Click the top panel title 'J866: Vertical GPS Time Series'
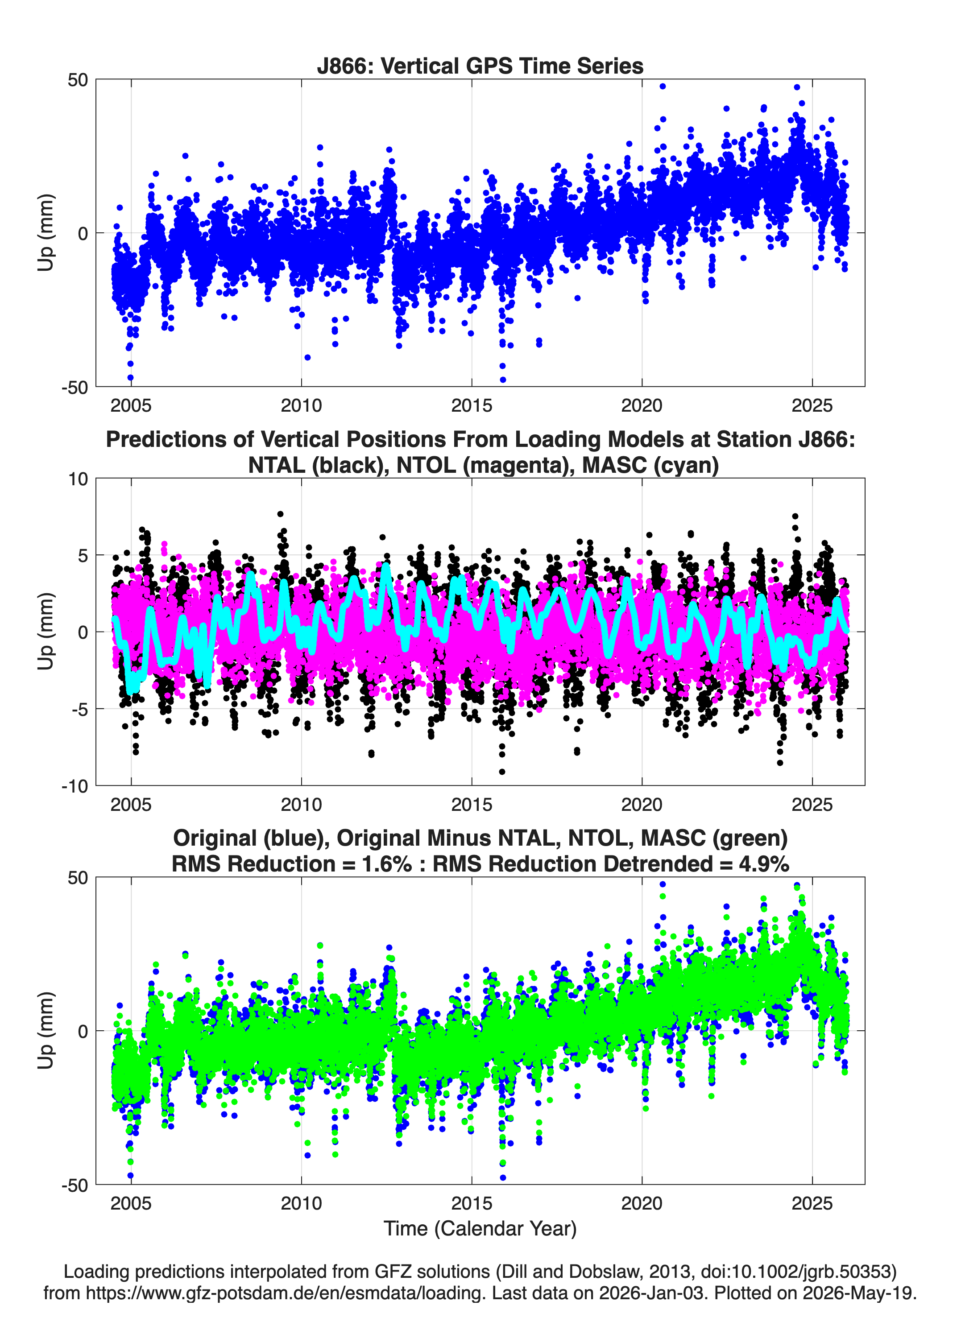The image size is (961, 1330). pyautogui.click(x=480, y=66)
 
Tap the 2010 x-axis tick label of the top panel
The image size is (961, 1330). pyautogui.click(x=301, y=405)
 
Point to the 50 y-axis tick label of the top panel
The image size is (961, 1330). pyautogui.click(x=78, y=80)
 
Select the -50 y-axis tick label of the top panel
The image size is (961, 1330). pyautogui.click(x=75, y=387)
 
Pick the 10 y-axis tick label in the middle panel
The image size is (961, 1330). pyautogui.click(x=78, y=479)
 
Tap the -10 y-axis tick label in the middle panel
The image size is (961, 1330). pyautogui.click(x=75, y=786)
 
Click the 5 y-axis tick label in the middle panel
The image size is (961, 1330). pyautogui.click(x=83, y=555)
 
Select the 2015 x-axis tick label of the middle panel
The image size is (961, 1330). pyautogui.click(x=471, y=805)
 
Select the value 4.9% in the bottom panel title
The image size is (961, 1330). pyautogui.click(x=764, y=864)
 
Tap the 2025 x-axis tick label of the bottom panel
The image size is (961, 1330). pyautogui.click(x=812, y=1203)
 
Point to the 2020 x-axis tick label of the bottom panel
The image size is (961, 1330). pyautogui.click(x=642, y=1203)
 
